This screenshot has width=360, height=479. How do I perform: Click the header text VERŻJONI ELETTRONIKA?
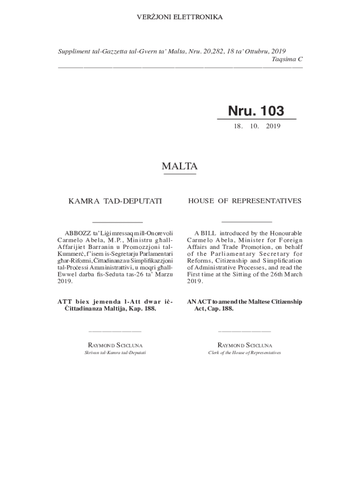tap(180, 17)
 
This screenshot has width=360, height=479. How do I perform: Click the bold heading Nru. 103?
tap(256, 111)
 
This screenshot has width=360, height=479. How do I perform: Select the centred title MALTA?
tap(180, 166)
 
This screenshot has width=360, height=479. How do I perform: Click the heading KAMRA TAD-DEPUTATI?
tap(115, 201)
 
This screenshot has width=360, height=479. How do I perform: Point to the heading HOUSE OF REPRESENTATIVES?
tap(245, 201)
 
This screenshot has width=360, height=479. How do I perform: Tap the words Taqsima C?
tap(287, 59)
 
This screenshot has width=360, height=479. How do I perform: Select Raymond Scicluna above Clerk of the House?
tap(245, 345)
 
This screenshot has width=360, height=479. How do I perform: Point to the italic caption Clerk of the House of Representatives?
tap(245, 353)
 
